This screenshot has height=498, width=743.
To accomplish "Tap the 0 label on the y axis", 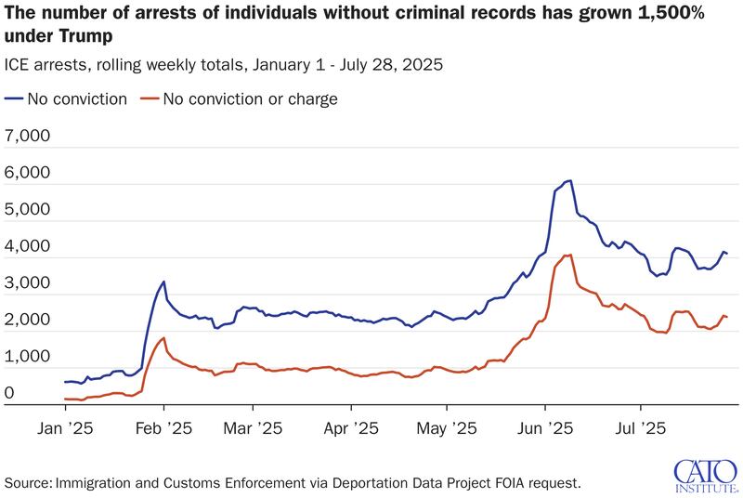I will [x=9, y=395].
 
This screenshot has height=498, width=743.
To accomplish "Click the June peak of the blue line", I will [x=568, y=180].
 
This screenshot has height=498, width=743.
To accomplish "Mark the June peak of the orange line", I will [x=568, y=255].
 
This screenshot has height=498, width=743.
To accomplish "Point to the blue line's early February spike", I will [x=163, y=282].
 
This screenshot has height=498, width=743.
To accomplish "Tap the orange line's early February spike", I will [x=163, y=338].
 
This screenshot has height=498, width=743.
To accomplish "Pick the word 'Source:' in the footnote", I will [x=28, y=482].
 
